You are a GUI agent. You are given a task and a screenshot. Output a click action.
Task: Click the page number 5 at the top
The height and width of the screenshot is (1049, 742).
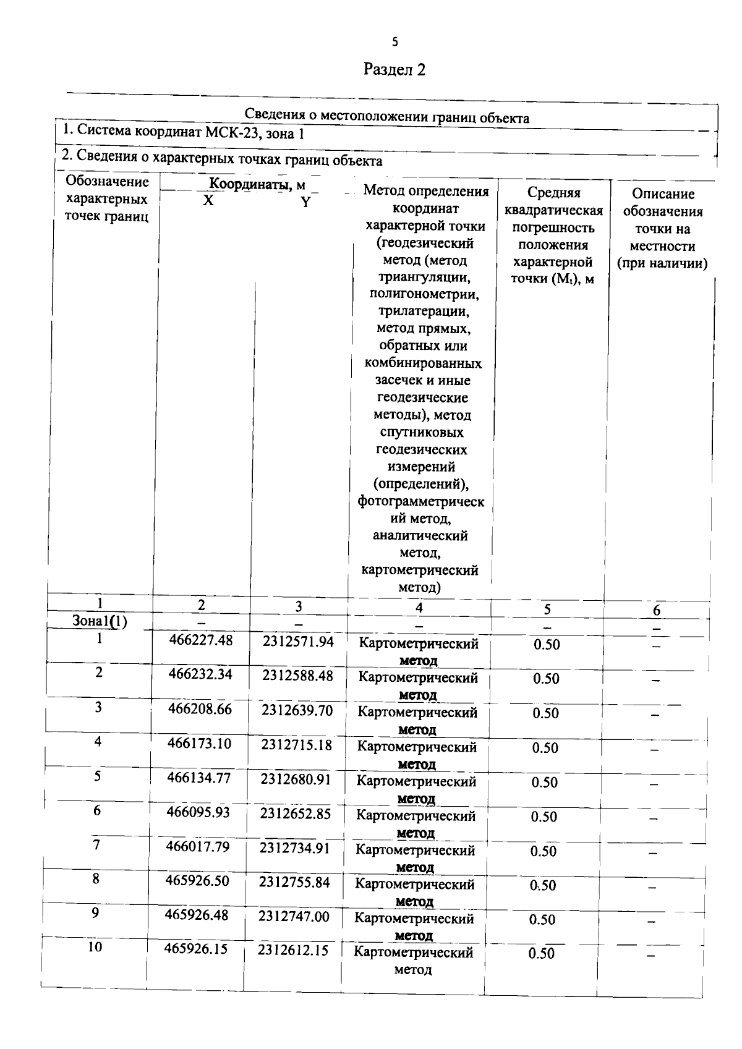[x=395, y=42]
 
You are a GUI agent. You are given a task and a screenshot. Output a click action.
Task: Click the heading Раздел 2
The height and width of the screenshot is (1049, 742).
[x=394, y=69]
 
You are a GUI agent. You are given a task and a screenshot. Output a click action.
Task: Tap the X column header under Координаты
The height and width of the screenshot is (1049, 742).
[x=208, y=201]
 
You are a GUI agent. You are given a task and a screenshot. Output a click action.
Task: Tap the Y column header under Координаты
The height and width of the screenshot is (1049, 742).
[x=305, y=202]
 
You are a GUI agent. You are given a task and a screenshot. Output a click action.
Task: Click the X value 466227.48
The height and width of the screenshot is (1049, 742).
[x=201, y=640]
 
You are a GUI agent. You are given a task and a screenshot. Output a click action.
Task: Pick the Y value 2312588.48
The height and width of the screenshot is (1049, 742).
[x=297, y=676]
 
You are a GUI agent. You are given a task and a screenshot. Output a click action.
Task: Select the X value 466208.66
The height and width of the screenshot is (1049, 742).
[x=200, y=709]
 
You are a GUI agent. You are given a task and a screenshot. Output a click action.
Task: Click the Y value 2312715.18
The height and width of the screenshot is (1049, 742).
[x=296, y=745]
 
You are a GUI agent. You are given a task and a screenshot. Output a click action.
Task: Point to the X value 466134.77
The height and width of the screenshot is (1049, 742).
[x=198, y=778]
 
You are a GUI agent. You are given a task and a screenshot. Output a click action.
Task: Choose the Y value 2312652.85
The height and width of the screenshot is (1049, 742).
[x=295, y=813]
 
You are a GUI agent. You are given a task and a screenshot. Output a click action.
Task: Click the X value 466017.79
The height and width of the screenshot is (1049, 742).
[x=197, y=846]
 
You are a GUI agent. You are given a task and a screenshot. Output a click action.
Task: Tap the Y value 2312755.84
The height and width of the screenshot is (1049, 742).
[x=294, y=883]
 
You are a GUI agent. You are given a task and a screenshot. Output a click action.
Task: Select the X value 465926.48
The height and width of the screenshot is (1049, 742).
[x=196, y=915]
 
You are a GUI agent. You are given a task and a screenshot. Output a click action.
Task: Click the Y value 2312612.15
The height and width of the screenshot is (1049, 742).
[x=293, y=951]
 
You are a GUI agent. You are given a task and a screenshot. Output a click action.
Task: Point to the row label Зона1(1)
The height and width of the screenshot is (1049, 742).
[x=100, y=621]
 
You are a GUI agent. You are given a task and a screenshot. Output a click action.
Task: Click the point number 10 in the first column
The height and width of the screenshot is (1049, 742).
[x=95, y=947]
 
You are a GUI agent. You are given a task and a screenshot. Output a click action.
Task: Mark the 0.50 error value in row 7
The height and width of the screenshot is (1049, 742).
[x=544, y=851]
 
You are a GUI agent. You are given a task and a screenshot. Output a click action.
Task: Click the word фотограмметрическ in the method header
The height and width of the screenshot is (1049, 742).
[x=420, y=502]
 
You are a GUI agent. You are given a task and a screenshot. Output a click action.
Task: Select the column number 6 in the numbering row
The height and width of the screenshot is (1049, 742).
[x=656, y=611]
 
